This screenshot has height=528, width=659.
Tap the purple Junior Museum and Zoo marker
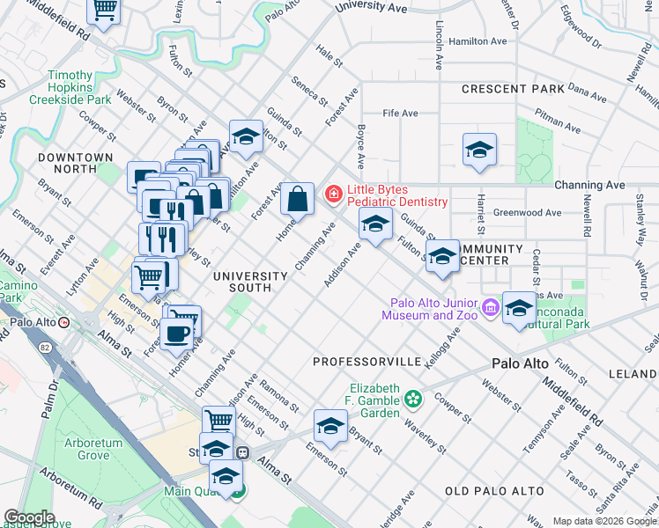[491, 308]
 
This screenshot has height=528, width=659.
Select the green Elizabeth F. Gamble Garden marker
[413, 401]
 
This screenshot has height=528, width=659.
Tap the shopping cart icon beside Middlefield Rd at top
[105, 11]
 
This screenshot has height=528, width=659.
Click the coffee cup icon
[177, 334]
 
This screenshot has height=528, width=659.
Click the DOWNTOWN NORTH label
[76, 164]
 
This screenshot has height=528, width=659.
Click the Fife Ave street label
[400, 114]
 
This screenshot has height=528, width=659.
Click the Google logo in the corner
[29, 517]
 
